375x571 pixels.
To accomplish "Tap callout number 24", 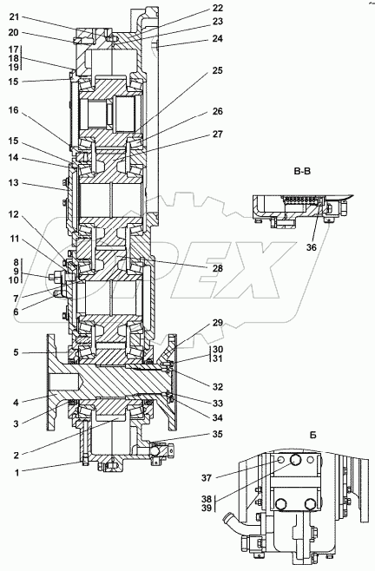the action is click(218, 38).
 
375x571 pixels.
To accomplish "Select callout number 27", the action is click(218, 134).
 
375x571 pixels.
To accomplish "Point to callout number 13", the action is click(14, 182).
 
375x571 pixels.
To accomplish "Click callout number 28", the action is click(218, 268).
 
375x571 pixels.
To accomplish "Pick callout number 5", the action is click(16, 352).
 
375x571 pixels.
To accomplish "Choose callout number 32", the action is click(218, 386).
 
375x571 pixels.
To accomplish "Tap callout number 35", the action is click(218, 434).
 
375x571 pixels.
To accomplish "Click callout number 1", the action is click(16, 473).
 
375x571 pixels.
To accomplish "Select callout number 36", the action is click(311, 247).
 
